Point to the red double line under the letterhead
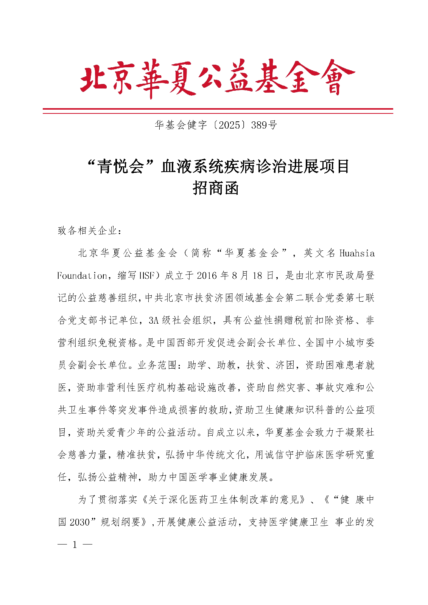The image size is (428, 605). coord(218,111)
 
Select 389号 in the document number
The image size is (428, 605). coord(264,125)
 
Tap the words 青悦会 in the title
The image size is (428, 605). coord(121,166)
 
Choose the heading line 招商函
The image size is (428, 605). coord(216,188)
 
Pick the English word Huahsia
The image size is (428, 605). coord(357,253)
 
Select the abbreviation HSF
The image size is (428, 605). coord(147,276)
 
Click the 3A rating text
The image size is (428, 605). coord(153,320)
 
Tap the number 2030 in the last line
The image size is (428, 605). coord(79,522)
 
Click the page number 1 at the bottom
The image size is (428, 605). coord(75,545)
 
